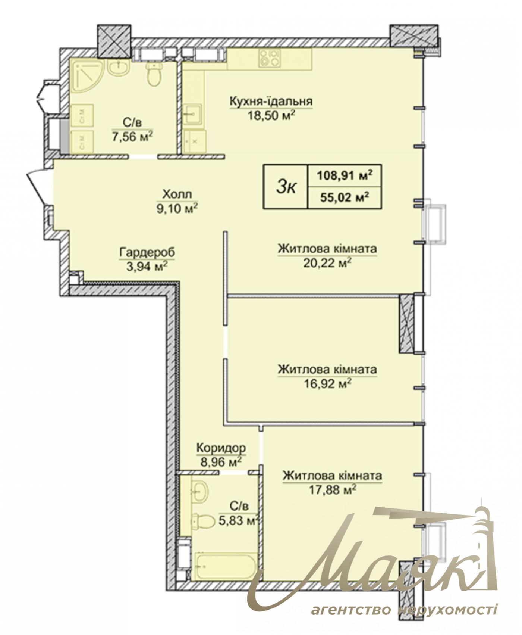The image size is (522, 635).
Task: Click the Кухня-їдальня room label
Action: coord(271,102)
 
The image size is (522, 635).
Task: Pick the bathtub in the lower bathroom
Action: coord(225,566)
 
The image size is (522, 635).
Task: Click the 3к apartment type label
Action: coord(286,187)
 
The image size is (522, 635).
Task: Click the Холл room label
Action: coord(177,194)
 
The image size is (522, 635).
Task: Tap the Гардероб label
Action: coord(147,253)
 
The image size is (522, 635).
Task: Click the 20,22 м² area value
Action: coord(327,263)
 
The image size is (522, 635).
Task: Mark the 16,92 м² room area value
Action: coord(327,384)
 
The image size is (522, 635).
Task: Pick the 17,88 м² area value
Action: coord(332,490)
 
